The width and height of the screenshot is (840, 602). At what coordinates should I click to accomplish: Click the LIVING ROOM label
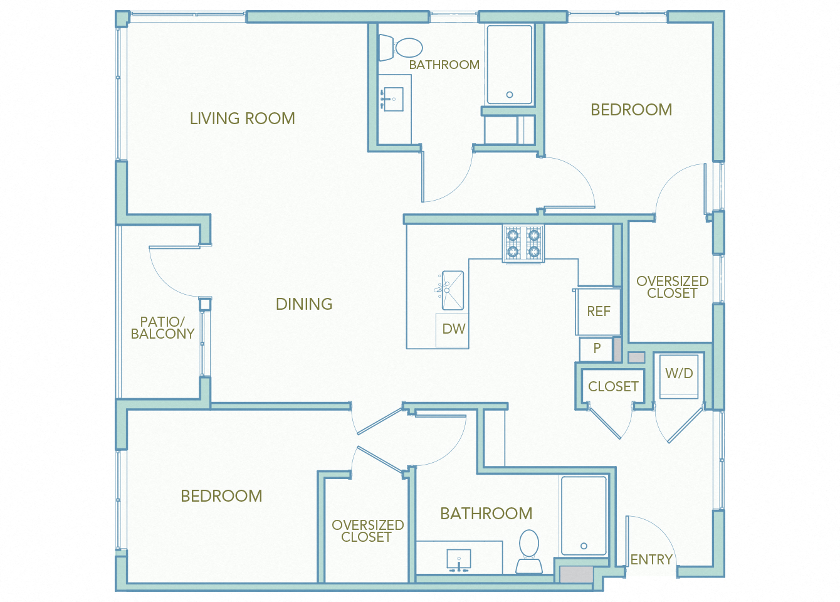[x=242, y=119]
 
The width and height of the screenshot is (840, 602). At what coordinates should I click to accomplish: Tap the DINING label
[x=304, y=304]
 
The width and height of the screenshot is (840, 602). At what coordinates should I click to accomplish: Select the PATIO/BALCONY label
[x=162, y=328]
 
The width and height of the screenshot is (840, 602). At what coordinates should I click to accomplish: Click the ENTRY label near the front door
[x=651, y=559]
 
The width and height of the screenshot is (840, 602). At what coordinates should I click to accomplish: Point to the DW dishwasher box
[x=453, y=329]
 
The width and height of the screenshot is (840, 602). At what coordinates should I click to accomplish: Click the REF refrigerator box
[x=598, y=311]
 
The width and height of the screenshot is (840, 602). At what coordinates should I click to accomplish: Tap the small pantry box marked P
[x=597, y=348]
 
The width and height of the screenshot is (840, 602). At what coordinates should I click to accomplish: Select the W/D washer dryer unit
[x=679, y=375]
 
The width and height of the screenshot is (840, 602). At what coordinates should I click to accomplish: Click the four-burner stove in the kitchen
[x=523, y=243]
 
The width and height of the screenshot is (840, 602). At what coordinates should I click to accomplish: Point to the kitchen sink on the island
[x=452, y=290]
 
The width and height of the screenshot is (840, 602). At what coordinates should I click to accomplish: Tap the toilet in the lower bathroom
[x=529, y=549]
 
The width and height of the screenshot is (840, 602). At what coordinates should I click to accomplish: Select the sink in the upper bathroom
[x=393, y=99]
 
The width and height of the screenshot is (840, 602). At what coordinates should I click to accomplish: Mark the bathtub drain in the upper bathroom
[x=510, y=95]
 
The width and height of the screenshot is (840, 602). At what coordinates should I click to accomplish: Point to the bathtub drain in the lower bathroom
[x=584, y=546]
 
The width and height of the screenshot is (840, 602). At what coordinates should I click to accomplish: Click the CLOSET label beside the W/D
[x=613, y=387]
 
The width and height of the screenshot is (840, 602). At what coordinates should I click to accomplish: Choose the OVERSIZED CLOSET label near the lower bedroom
[x=367, y=531]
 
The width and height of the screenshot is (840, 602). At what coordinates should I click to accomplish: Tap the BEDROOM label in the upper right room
[x=631, y=110]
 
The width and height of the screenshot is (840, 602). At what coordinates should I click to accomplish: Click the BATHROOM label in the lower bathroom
[x=486, y=514]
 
